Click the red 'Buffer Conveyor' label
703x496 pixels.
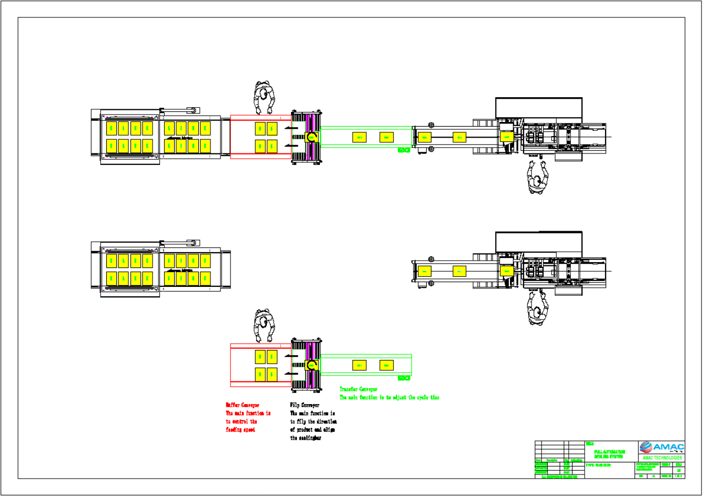(x=242, y=405)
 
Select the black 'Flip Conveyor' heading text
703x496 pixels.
(x=305, y=405)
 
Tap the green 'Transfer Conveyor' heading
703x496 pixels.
(x=358, y=389)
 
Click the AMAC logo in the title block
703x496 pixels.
(x=661, y=448)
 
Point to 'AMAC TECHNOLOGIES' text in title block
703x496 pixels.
(x=661, y=458)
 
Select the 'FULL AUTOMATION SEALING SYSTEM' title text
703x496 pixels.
(x=609, y=454)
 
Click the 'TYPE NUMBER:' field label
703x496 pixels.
(x=598, y=466)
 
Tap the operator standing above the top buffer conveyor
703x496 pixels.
(x=264, y=97)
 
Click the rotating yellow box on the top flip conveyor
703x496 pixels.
(x=312, y=137)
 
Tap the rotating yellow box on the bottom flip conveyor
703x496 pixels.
(x=312, y=365)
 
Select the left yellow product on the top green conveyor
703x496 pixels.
(x=359, y=137)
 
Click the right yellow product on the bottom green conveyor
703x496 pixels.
(x=387, y=365)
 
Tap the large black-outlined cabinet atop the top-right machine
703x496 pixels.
(x=539, y=108)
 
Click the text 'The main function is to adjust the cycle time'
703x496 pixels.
(x=389, y=398)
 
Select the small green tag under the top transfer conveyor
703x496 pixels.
(x=404, y=150)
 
